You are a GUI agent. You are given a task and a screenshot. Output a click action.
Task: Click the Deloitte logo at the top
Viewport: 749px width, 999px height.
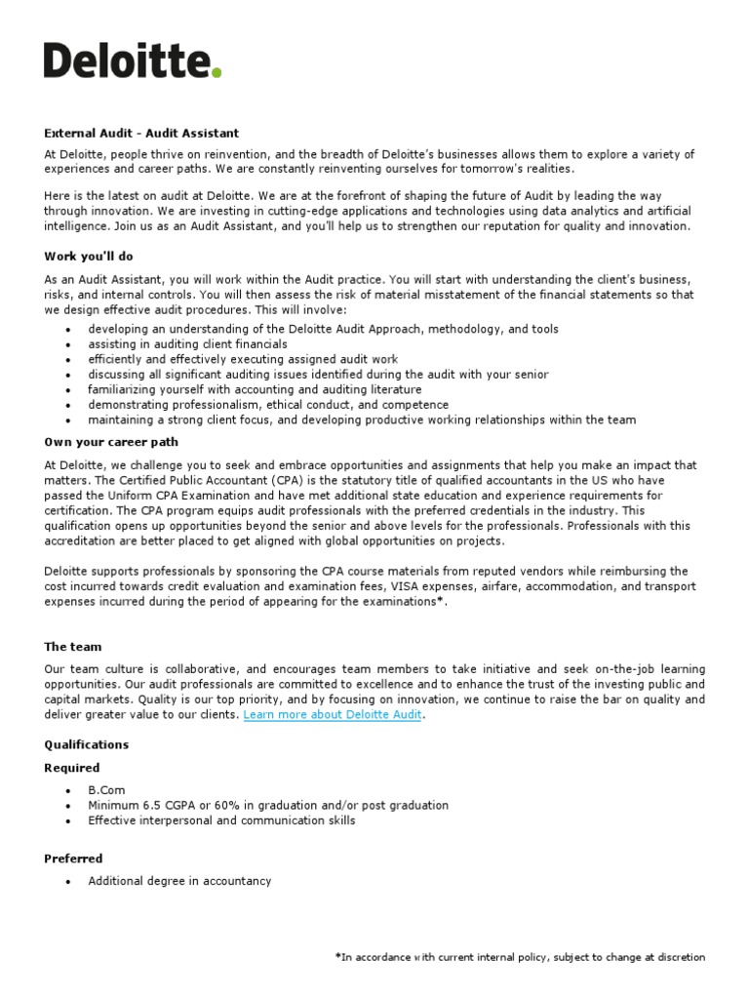click(x=133, y=60)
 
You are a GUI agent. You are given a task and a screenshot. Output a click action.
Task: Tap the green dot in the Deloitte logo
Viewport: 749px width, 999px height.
click(x=217, y=73)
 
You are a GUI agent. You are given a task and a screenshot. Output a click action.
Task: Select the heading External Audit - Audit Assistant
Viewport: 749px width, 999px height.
click(x=140, y=133)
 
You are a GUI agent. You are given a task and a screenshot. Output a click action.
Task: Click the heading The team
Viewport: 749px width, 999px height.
click(x=72, y=647)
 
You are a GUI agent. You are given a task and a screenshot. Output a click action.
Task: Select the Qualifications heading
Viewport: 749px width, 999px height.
click(x=86, y=744)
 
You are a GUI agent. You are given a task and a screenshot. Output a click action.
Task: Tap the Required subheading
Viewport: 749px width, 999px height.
click(x=71, y=768)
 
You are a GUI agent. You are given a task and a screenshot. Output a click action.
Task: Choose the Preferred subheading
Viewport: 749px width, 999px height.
click(x=73, y=859)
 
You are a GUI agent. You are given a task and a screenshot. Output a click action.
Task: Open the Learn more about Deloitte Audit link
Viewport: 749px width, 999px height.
click(x=333, y=715)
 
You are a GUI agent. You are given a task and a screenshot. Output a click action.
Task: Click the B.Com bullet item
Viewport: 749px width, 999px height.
click(x=106, y=790)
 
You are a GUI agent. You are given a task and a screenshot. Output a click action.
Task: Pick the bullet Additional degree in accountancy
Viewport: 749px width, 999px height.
click(x=179, y=881)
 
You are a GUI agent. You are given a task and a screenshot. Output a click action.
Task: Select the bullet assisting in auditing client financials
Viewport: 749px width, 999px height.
click(x=187, y=344)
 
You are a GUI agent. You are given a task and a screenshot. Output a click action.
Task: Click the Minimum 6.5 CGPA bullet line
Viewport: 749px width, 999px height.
click(x=268, y=806)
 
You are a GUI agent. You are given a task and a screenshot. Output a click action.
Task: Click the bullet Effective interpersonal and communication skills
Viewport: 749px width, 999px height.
click(x=221, y=820)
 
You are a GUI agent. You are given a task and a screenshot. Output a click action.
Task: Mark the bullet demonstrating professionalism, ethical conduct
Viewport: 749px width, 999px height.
click(x=268, y=405)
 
